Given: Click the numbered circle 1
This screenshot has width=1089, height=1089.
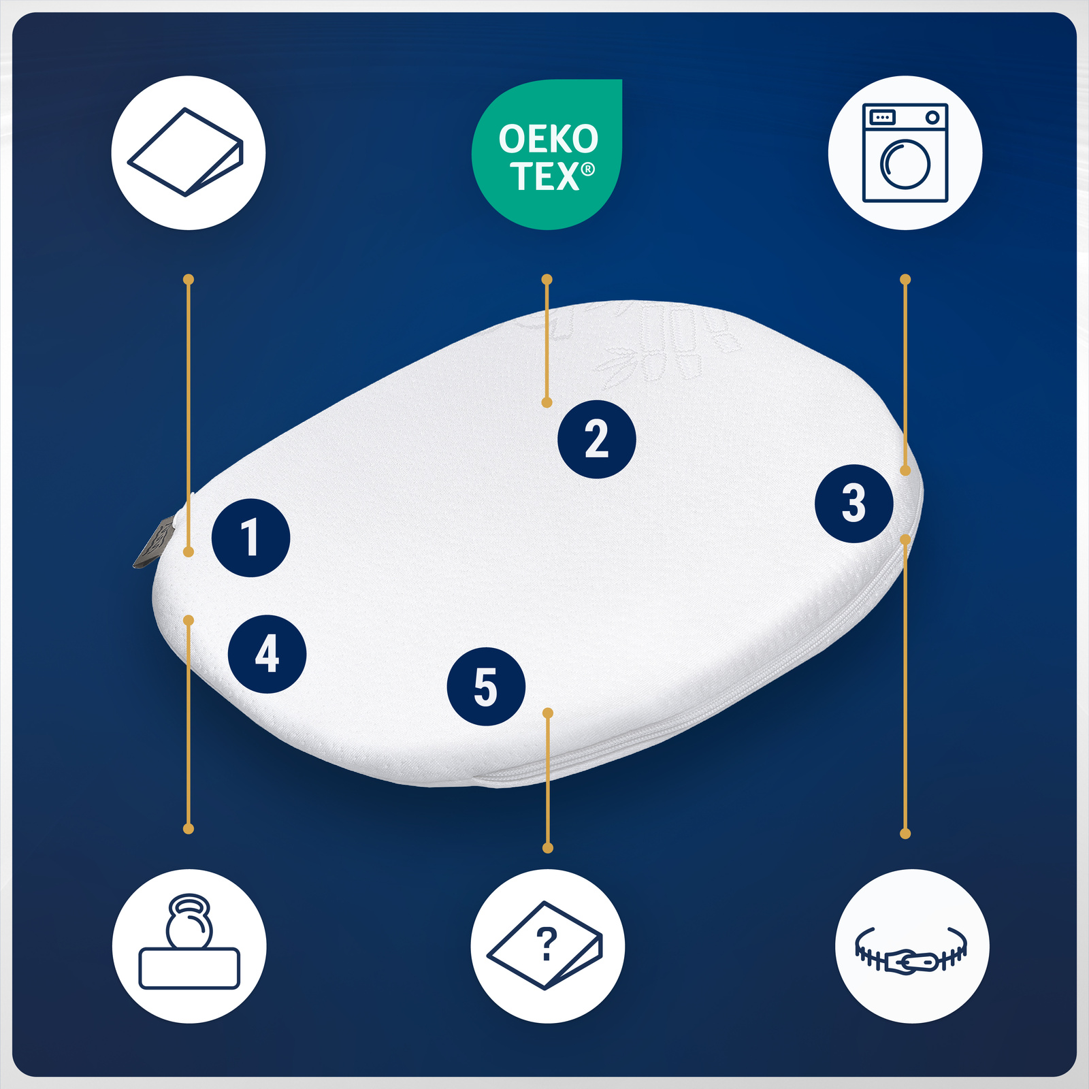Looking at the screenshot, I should (x=250, y=538).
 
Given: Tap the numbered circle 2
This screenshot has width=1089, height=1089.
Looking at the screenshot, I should (x=596, y=439).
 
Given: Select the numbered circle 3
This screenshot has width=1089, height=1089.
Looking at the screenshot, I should (x=854, y=504).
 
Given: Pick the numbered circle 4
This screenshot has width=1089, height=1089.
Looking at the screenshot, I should (x=267, y=654).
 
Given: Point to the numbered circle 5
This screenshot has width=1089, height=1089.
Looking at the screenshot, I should (x=486, y=686).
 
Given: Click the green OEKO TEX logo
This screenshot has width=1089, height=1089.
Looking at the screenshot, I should (x=547, y=155).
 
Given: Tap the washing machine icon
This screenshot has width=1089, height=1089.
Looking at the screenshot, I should (x=905, y=153).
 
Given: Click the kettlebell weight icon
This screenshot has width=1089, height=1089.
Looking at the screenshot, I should (x=189, y=943).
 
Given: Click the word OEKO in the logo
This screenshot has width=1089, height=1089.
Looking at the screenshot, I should (x=548, y=139).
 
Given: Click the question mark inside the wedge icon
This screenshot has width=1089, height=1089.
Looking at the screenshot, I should (x=547, y=943).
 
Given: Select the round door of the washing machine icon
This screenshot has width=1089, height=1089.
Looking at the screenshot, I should (x=905, y=164).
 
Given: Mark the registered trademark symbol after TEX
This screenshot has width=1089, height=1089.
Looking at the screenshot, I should (x=588, y=169).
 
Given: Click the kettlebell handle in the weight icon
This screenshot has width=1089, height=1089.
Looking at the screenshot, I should (x=189, y=906).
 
